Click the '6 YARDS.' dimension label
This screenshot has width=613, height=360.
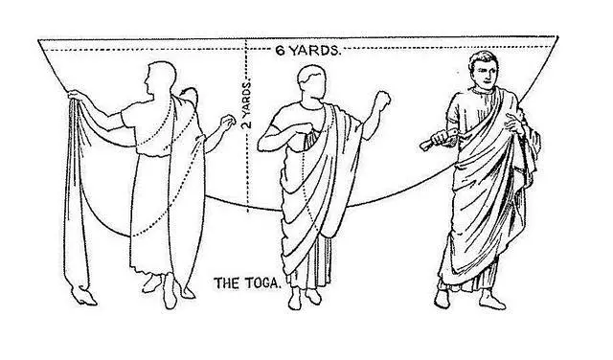[307, 51]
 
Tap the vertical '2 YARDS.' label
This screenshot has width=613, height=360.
[247, 104]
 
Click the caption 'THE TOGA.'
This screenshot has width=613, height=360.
[247, 283]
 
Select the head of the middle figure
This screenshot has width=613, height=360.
[311, 83]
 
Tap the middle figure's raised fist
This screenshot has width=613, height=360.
[382, 101]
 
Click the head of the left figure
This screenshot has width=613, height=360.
[160, 79]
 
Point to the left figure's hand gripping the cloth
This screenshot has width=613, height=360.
[76, 95]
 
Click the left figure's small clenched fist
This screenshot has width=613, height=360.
[228, 123]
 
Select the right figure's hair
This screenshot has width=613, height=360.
[482, 59]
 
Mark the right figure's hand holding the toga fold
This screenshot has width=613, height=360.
[514, 123]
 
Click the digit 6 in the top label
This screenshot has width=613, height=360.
[281, 51]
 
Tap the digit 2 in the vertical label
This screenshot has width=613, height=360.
[247, 124]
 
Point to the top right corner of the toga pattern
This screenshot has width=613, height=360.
[557, 36]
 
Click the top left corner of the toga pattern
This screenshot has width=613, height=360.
[38, 40]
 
